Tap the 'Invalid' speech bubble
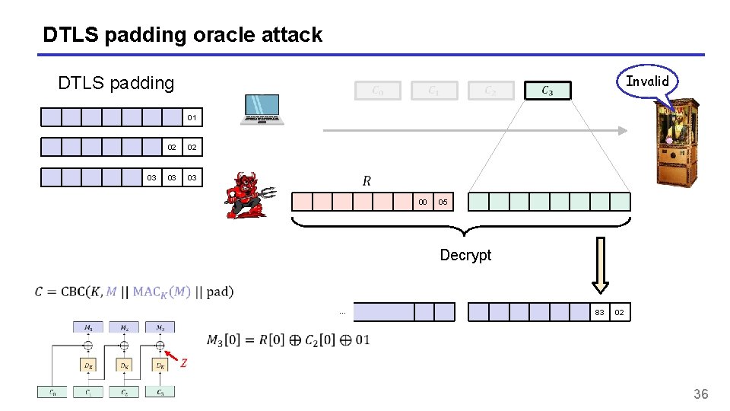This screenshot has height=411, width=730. tap(646, 81)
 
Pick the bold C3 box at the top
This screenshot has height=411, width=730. tap(547, 91)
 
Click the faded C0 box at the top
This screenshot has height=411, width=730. tap(377, 91)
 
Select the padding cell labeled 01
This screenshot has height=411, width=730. tap(192, 117)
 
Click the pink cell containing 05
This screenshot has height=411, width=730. tap(443, 202)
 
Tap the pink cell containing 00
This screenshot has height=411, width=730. tap(423, 202)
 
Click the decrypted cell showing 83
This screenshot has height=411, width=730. tap(599, 312)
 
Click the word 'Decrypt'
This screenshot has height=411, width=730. tap(465, 255)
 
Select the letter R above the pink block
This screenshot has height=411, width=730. tap(367, 181)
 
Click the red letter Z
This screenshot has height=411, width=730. tap(183, 364)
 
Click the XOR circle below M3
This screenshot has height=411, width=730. tap(160, 346)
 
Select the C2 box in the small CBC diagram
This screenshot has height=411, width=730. tap(124, 392)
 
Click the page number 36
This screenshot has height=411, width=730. tap(700, 393)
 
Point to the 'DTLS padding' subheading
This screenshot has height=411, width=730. tap(116, 83)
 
